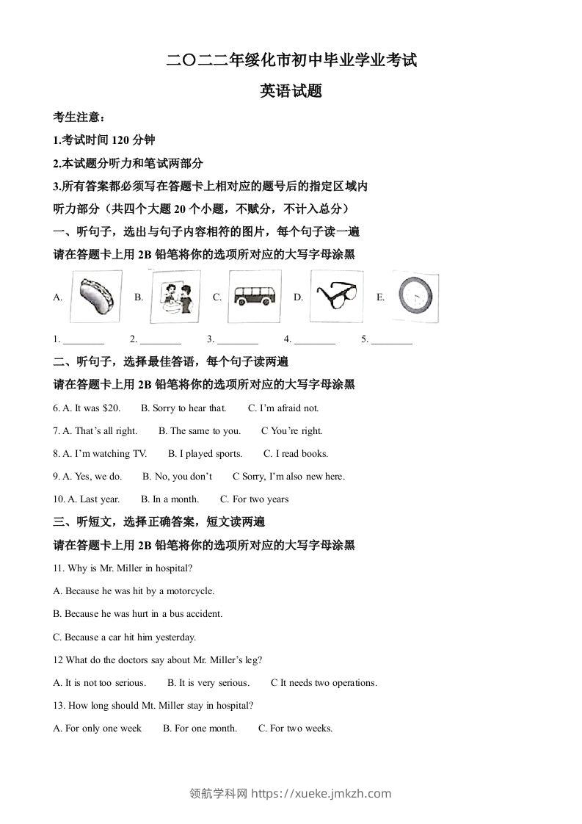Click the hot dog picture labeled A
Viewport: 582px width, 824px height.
pos(96,297)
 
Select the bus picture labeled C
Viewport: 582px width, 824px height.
pos(254,297)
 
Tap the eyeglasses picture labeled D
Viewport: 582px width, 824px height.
pos(336,297)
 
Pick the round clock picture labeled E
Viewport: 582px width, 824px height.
pos(416,297)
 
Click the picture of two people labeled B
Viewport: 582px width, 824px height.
pos(175,297)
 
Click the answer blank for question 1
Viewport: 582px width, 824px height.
pos(84,340)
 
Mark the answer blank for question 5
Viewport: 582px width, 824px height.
pos(391,340)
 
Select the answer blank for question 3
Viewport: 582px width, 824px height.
pos(238,340)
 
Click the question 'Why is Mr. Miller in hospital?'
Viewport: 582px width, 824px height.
pos(129,568)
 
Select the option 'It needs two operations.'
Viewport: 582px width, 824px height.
pos(328,683)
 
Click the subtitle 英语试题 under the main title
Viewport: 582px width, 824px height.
pos(291,91)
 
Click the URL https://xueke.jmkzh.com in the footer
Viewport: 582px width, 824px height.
pos(321,793)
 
